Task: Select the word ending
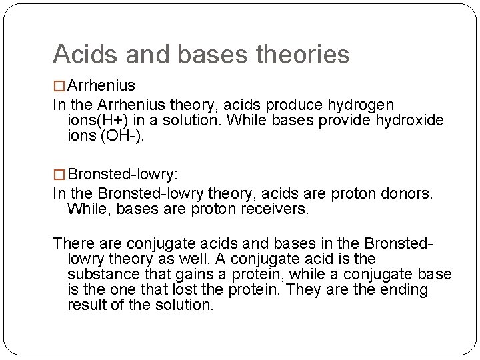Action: [x=406, y=289]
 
